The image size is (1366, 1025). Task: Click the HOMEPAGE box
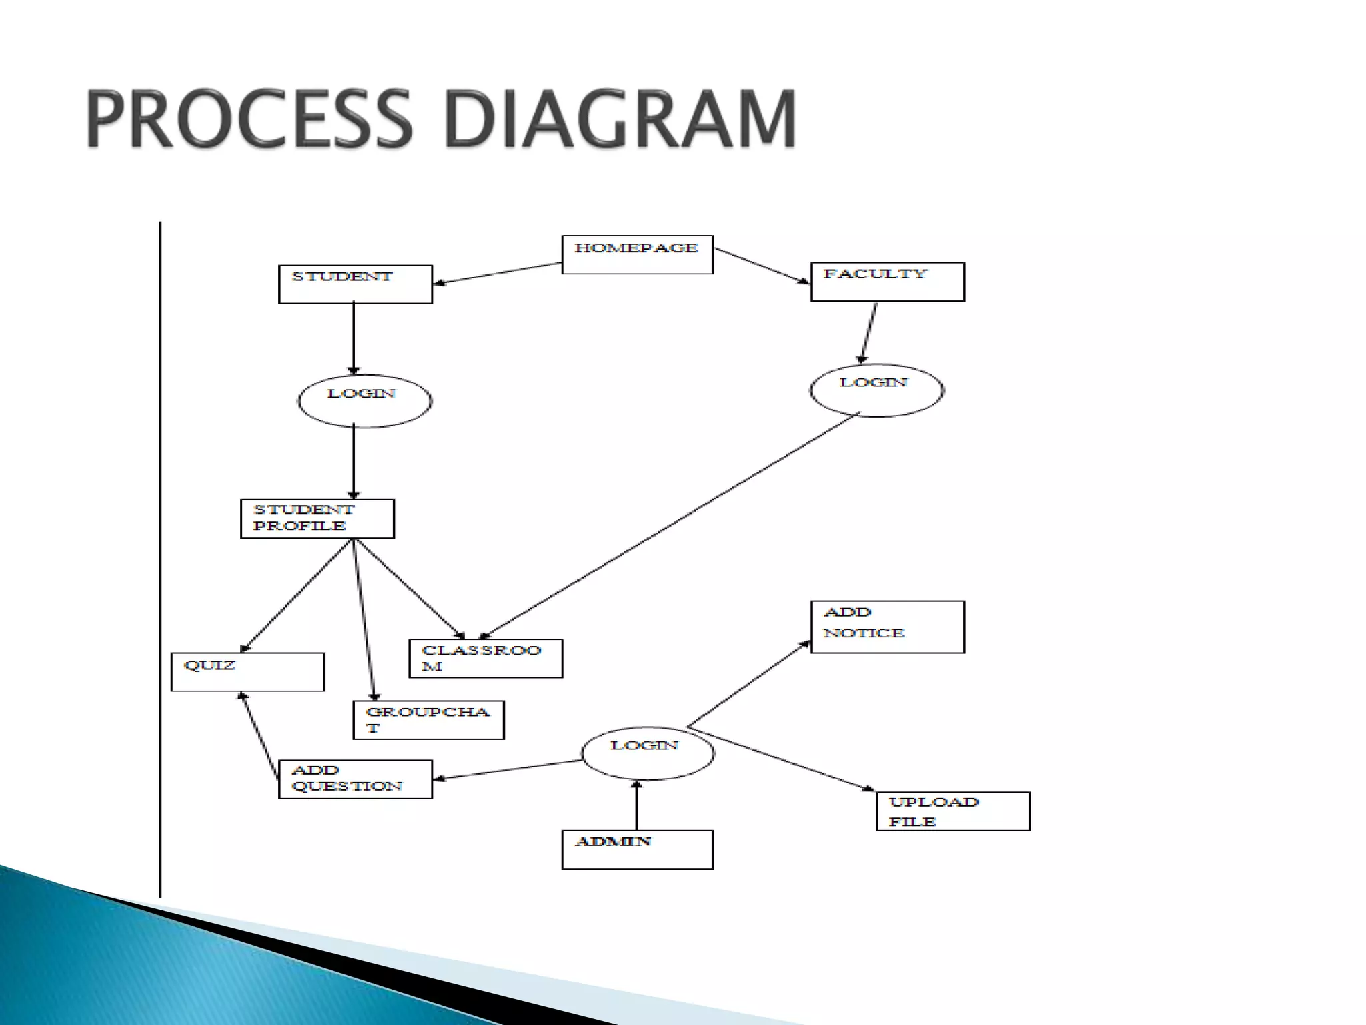click(637, 254)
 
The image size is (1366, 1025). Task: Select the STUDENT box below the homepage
click(355, 284)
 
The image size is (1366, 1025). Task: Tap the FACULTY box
click(887, 282)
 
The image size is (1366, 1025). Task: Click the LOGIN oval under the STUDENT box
click(364, 401)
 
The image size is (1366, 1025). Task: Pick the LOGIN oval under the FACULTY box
click(876, 390)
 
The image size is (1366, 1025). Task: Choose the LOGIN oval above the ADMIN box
click(647, 753)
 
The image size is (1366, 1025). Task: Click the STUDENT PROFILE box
click(317, 519)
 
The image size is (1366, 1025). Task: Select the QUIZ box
click(247, 671)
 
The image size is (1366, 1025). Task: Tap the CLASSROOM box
click(486, 659)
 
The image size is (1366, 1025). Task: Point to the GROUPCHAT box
click(428, 720)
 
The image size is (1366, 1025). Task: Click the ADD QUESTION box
click(355, 779)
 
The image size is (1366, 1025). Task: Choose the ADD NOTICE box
click(887, 627)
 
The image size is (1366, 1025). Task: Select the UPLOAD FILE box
click(952, 811)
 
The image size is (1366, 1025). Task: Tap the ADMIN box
click(637, 849)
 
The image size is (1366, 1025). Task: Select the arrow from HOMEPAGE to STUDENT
click(497, 274)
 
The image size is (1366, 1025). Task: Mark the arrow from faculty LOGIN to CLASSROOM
click(670, 525)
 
